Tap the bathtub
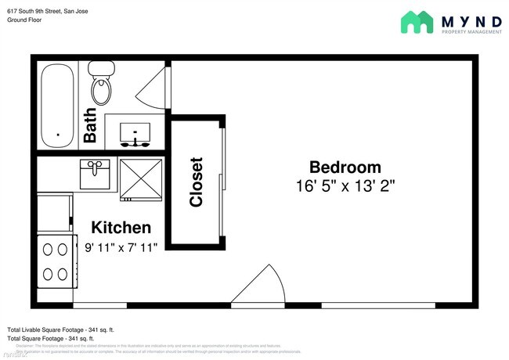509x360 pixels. pos(57,106)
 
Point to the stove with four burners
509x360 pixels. pos(54,261)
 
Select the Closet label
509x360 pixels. pos(197,182)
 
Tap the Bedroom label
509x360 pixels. pos(345,167)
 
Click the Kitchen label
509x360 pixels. pos(121,228)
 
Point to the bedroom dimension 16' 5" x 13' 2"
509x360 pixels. pos(345,186)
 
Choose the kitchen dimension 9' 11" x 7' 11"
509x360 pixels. pos(121,247)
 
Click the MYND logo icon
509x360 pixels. pos(417,22)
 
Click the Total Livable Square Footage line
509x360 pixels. pos(60,329)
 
